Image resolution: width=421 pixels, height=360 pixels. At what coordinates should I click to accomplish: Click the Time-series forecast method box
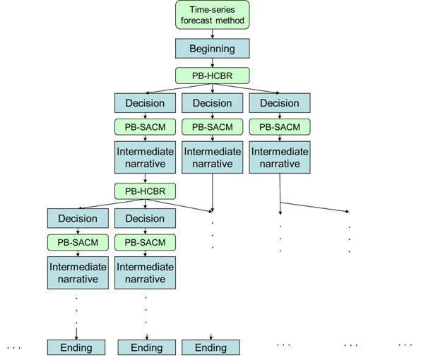point(213,15)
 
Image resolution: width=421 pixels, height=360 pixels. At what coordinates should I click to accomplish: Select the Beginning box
point(213,49)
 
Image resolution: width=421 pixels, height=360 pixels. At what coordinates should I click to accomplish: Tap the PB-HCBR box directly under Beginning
point(213,76)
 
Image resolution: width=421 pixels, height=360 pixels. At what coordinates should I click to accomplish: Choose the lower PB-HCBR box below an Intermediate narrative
point(145,191)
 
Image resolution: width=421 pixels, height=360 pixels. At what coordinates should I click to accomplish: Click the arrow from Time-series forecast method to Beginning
point(213,34)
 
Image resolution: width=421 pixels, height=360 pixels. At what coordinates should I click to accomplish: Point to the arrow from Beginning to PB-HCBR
point(213,63)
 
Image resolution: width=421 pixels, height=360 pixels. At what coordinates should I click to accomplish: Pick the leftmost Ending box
point(76,347)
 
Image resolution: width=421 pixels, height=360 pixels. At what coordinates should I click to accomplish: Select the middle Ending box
point(147,347)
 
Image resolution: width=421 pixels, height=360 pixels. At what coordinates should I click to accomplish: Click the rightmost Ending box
point(210,347)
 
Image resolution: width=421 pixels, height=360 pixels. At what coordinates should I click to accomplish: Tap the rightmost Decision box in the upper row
point(280,103)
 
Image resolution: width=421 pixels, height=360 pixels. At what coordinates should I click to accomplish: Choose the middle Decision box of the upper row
point(213,103)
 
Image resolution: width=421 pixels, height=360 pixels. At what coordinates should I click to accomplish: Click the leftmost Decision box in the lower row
point(78,218)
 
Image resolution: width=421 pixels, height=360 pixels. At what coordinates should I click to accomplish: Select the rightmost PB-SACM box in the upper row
point(280,127)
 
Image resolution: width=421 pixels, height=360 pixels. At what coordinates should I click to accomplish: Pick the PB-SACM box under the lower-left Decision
point(78,243)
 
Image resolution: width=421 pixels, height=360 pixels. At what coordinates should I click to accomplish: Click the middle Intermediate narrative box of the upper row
point(213,157)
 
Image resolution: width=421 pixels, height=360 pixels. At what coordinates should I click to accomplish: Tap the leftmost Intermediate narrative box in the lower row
point(78,272)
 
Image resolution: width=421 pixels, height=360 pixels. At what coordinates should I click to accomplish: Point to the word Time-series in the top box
point(212,10)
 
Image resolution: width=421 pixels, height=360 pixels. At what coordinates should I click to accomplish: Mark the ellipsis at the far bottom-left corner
point(14,348)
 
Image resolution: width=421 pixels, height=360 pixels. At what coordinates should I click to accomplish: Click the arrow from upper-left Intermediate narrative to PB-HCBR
point(145,179)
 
